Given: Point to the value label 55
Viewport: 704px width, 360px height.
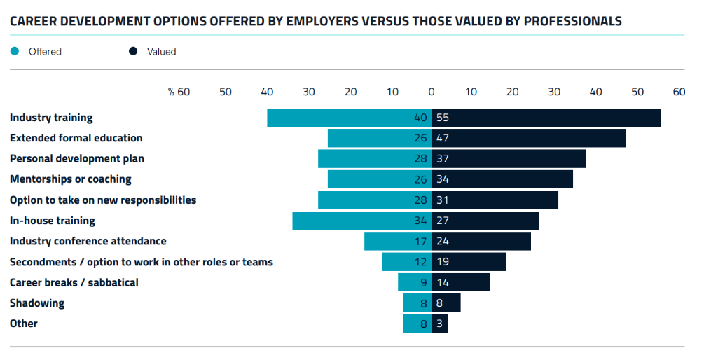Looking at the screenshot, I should tap(442, 118).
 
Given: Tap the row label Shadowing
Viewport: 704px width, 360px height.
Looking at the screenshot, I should tap(37, 303).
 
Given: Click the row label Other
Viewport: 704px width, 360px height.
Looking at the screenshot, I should tap(24, 324).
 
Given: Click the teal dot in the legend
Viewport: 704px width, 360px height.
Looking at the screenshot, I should tap(15, 51).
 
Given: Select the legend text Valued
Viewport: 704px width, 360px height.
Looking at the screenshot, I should tap(161, 51).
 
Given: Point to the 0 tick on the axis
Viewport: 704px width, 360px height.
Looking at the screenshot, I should tap(432, 92).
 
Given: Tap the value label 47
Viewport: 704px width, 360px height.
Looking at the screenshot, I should tap(442, 139).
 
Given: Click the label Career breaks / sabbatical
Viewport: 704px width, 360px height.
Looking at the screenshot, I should tap(74, 283).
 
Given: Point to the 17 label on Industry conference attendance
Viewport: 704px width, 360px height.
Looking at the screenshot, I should tap(420, 242).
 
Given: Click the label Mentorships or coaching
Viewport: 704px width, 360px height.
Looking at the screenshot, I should tap(71, 179).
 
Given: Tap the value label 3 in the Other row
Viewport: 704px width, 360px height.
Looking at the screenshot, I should tap(439, 324).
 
